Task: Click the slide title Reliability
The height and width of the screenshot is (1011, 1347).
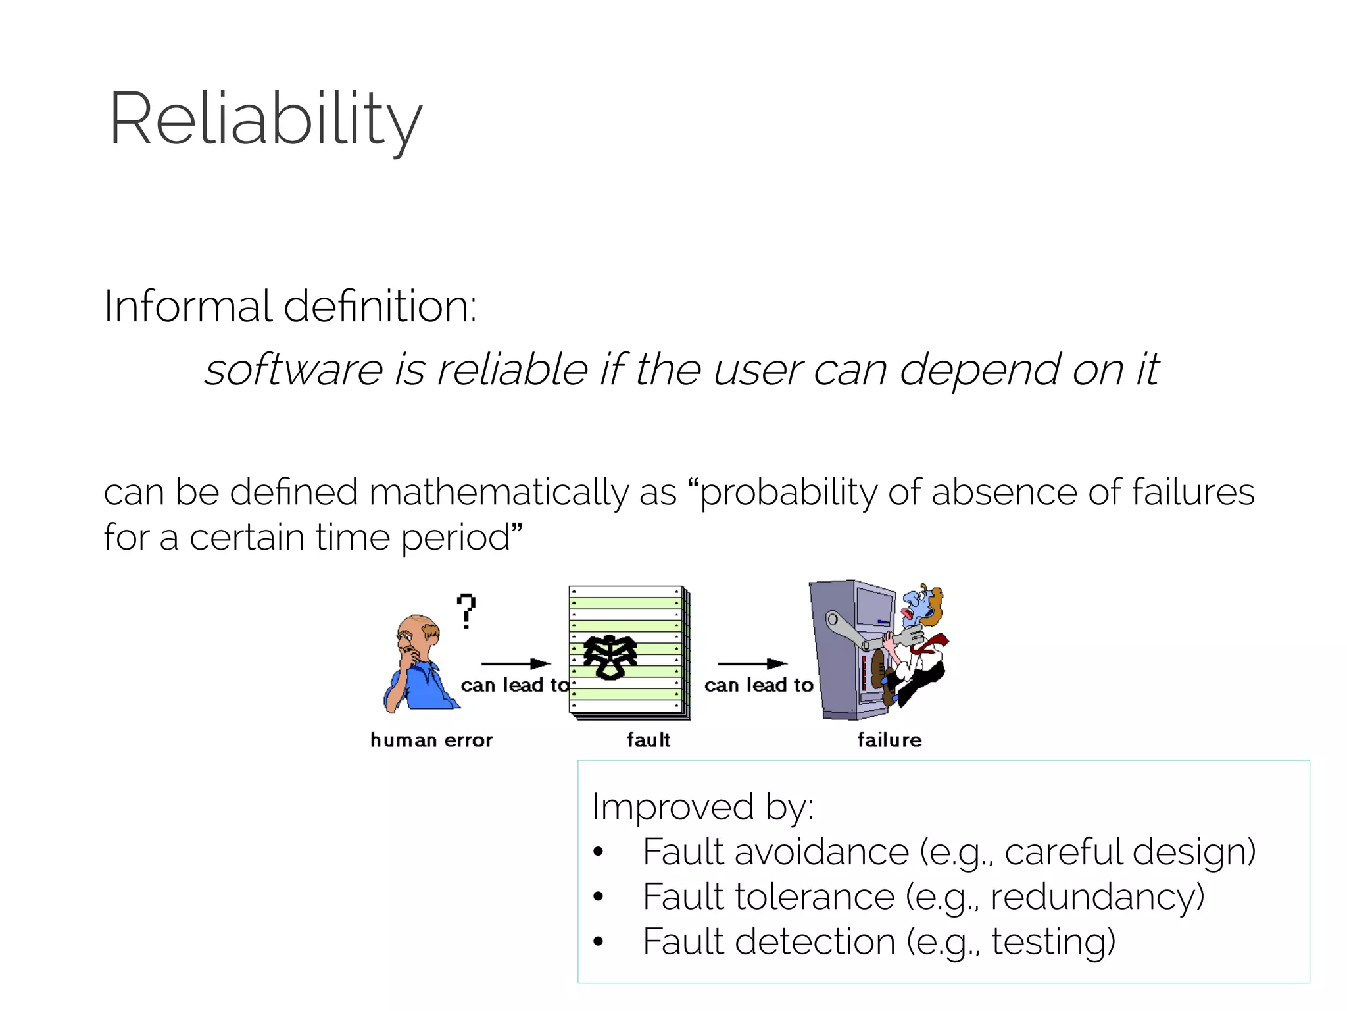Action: pos(265,119)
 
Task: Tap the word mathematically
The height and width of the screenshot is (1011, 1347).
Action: pos(499,493)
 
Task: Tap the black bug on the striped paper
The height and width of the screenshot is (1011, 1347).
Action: pos(610,656)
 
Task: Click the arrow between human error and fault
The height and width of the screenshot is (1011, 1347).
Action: pos(516,663)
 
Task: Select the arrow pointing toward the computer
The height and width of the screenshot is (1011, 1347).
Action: pos(752,663)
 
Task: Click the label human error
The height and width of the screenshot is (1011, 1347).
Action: pos(431,740)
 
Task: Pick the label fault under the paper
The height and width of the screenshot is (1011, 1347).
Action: pos(649,740)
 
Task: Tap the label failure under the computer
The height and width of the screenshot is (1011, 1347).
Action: pos(889,740)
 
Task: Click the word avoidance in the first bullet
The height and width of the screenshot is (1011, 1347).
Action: pos(821,852)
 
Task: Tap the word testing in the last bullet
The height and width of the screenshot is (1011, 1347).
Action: pos(1052,941)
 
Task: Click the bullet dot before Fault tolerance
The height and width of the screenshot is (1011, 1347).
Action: pos(598,896)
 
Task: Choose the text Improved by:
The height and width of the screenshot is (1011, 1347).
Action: pos(702,807)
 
